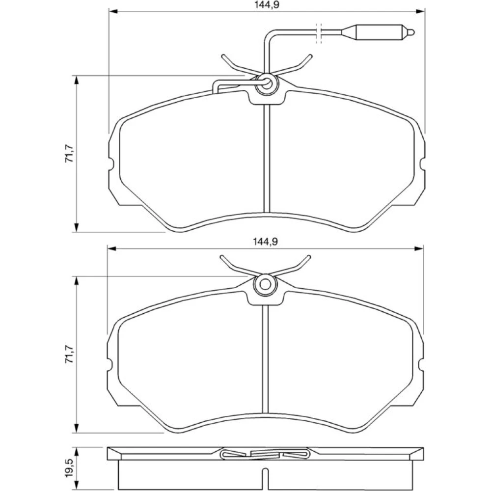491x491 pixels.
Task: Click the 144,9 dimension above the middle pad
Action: point(266,242)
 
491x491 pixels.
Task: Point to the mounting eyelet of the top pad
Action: point(266,83)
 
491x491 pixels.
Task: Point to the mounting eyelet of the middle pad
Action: point(266,284)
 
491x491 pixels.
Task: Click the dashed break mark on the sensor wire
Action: point(319,33)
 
